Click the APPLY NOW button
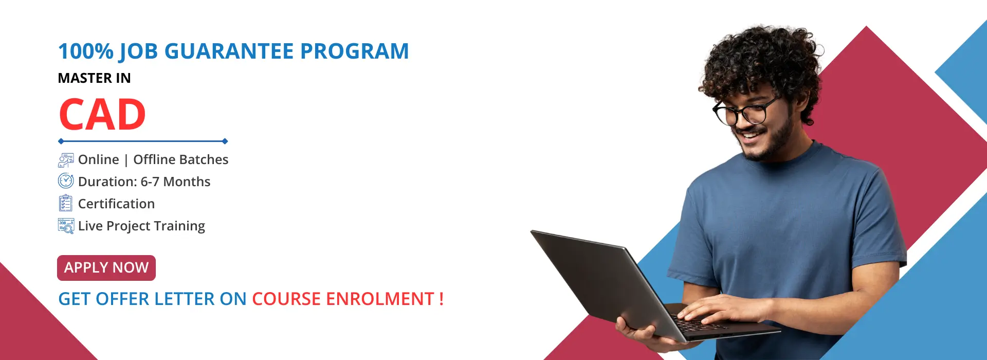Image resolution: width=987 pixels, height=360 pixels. click(x=106, y=268)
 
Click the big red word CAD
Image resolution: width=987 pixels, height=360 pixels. click(x=102, y=115)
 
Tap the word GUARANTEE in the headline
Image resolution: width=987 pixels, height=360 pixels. click(x=229, y=51)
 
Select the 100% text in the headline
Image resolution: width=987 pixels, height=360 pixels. click(x=86, y=51)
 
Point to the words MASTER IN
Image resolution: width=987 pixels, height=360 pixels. click(x=94, y=78)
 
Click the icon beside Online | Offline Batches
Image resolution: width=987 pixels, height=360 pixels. click(x=66, y=160)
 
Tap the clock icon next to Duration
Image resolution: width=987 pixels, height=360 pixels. click(x=66, y=181)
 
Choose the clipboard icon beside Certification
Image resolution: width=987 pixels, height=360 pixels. click(x=65, y=203)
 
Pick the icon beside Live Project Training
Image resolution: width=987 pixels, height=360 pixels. click(x=66, y=226)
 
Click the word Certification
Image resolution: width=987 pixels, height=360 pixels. click(x=116, y=204)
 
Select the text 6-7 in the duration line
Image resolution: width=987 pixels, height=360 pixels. click(x=150, y=182)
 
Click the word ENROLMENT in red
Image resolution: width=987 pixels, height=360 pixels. click(x=380, y=299)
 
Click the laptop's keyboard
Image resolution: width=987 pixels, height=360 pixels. click(x=699, y=323)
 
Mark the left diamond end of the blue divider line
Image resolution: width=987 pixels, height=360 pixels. click(x=61, y=141)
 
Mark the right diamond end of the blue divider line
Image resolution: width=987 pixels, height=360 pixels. click(x=225, y=141)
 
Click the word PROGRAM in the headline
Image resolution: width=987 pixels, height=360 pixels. click(x=354, y=51)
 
